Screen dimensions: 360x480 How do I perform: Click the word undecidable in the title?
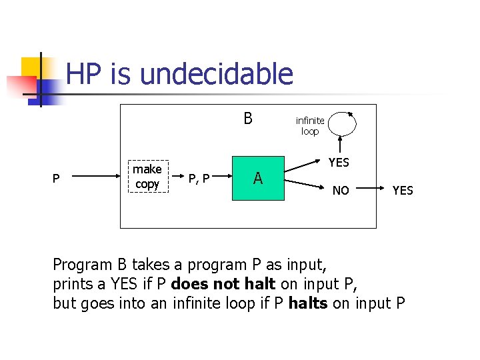217,74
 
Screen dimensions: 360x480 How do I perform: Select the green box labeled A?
258,178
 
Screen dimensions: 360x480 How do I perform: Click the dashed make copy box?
147,177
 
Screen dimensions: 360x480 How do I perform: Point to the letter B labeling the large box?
248,119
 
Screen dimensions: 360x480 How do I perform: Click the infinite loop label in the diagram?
310,125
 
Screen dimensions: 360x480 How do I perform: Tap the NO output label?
341,191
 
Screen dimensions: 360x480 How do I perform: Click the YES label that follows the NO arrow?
403,191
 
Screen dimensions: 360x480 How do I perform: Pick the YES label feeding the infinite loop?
339,162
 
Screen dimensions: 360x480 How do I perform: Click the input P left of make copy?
56,178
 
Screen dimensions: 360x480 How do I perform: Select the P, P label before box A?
199,178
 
